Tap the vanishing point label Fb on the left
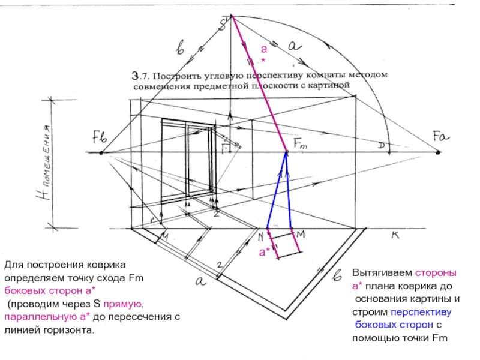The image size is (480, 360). pos(100,137)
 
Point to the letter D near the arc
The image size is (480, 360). pos(381,146)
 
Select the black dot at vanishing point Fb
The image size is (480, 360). pos(101,153)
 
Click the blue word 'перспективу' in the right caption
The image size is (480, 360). pos(421,313)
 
